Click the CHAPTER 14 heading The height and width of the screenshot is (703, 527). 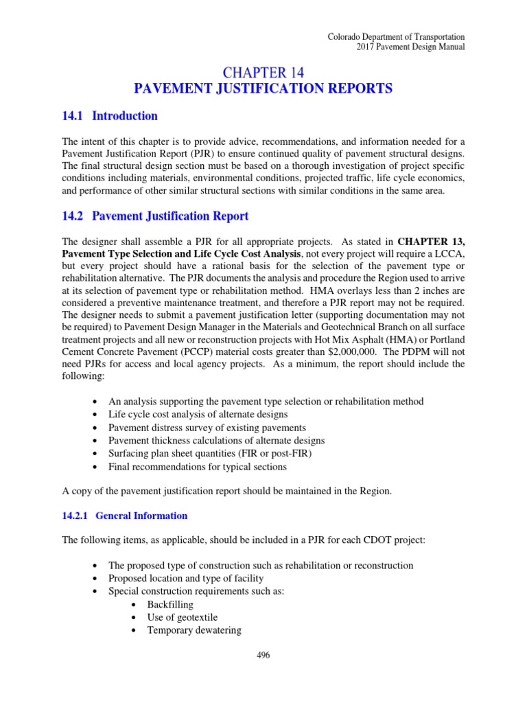263,71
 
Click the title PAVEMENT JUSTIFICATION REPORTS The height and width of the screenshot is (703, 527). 263,89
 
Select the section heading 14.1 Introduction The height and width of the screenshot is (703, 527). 110,116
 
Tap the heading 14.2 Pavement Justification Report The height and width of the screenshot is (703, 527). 155,216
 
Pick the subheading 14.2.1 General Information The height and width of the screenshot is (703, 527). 124,516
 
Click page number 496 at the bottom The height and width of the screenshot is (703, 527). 263,656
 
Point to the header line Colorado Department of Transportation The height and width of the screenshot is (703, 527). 396,36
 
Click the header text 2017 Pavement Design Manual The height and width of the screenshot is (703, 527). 410,47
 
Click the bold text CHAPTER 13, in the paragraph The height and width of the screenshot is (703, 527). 430,241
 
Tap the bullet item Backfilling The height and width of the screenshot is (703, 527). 170,605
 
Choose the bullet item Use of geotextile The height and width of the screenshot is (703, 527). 182,617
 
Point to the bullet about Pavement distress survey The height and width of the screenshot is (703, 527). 198,428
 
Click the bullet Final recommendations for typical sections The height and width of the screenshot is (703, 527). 198,467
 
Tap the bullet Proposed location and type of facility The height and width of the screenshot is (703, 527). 186,579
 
